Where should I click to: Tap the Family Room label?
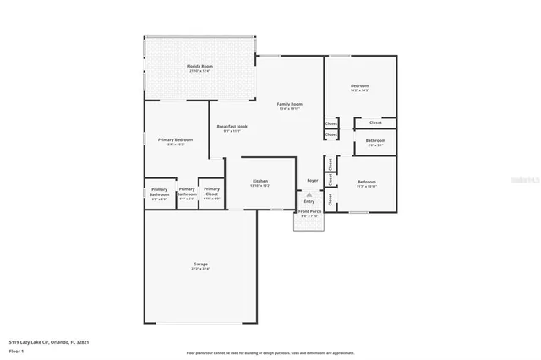pyautogui.click(x=290, y=104)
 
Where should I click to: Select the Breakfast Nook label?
pyautogui.click(x=232, y=126)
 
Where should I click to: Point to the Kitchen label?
pyautogui.click(x=260, y=182)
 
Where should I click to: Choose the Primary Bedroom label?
pyautogui.click(x=175, y=139)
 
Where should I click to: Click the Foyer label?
pyautogui.click(x=312, y=180)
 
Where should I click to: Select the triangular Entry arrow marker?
pyautogui.click(x=309, y=194)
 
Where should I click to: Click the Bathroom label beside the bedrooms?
pyautogui.click(x=375, y=140)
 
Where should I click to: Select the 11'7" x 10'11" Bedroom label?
pyautogui.click(x=366, y=182)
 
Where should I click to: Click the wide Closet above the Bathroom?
pyautogui.click(x=375, y=123)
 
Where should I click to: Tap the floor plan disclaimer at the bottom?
pyautogui.click(x=270, y=352)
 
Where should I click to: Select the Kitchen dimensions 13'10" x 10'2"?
pyautogui.click(x=260, y=186)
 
